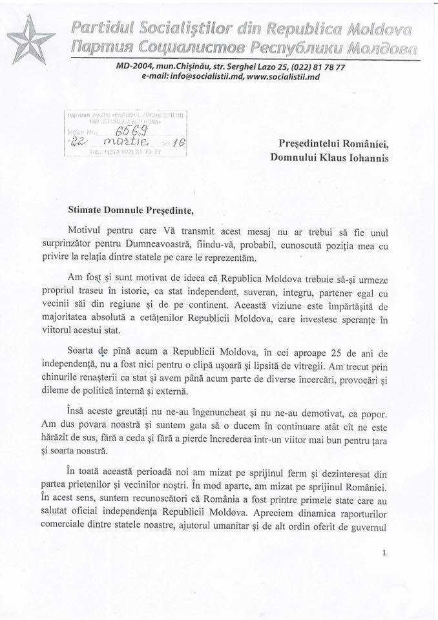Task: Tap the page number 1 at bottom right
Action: tap(384, 553)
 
